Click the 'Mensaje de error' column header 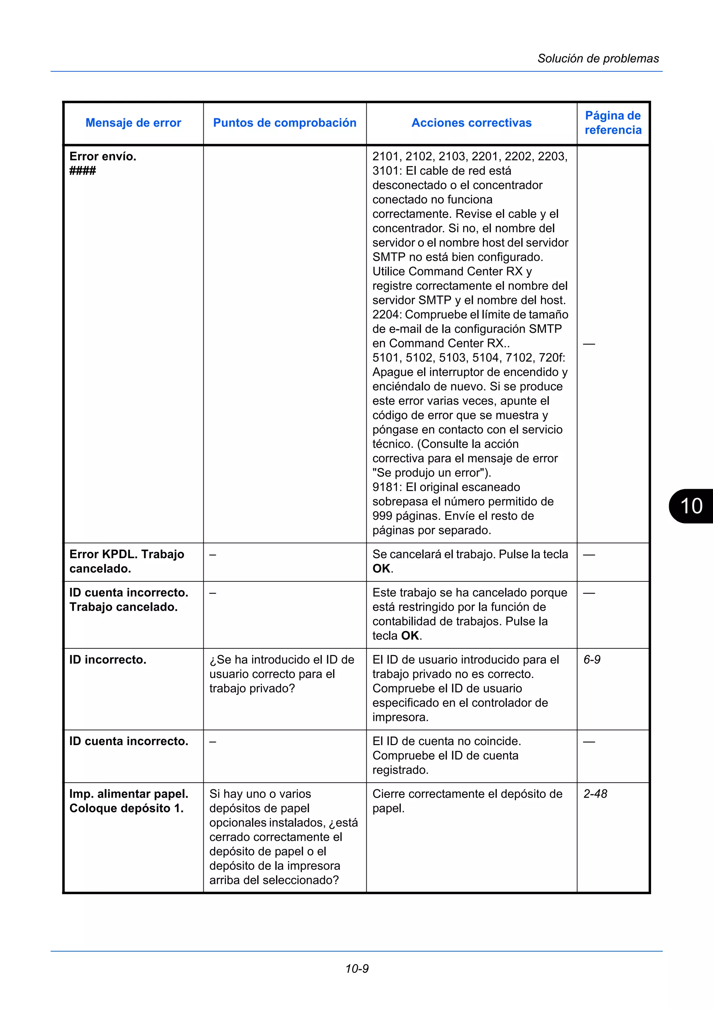[x=133, y=123]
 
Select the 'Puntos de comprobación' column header [x=285, y=123]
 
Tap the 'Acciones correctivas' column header [x=471, y=123]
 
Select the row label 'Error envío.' [x=103, y=156]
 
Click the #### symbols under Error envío [x=83, y=171]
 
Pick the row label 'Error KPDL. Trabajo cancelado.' [x=126, y=561]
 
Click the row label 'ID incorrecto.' [x=108, y=660]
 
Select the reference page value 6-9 [x=592, y=660]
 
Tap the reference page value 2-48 [x=595, y=794]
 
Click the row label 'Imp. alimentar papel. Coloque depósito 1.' [x=129, y=801]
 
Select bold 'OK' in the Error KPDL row [x=381, y=569]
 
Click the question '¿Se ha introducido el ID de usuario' [x=282, y=660]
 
